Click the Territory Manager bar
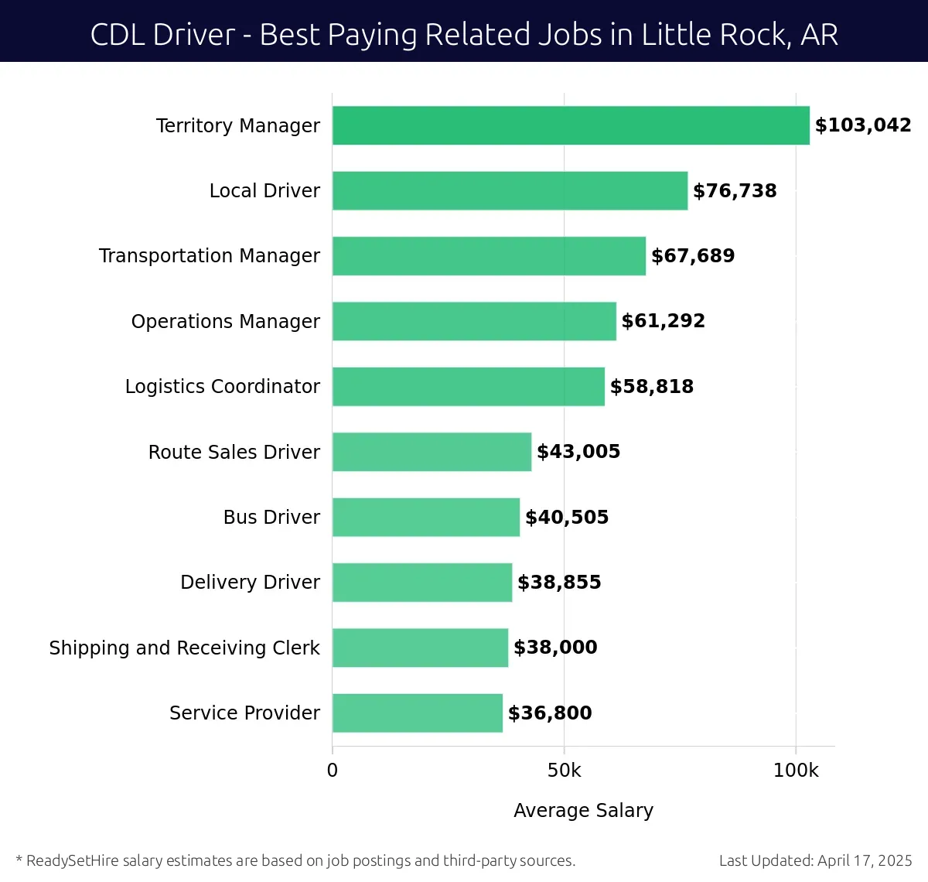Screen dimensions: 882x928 pos(571,125)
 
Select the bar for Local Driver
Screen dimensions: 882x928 pos(510,190)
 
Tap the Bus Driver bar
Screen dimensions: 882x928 pos(426,517)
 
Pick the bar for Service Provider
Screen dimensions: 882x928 pos(418,713)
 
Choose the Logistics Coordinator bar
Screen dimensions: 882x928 pos(469,386)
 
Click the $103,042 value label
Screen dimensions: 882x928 pos(863,125)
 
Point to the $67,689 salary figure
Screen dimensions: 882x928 pos(693,256)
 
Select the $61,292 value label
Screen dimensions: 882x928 pos(664,321)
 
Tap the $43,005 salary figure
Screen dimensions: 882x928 pos(578,452)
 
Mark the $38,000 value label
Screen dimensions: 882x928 pos(555,648)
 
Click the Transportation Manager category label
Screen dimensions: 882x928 pos(210,256)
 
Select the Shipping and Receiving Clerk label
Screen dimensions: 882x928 pos(184,648)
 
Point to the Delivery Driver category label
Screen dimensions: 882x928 pos(250,582)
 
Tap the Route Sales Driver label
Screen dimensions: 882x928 pos(234,452)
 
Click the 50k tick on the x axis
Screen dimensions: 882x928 pos(564,771)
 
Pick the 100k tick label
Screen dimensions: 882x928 pos(796,771)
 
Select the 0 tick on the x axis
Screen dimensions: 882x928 pos(333,771)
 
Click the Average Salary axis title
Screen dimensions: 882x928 pos(583,810)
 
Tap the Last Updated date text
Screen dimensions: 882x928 pos(815,860)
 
